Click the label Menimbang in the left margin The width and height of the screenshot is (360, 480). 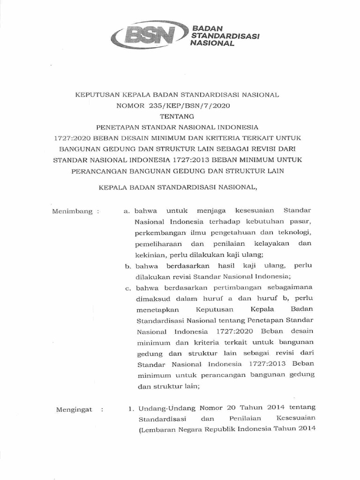pos(72,211)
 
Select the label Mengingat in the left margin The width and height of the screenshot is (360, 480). pos(72,409)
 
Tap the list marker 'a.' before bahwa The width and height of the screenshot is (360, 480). pos(127,211)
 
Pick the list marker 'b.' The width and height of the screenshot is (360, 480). pos(127,266)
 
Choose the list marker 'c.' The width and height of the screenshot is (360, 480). pos(127,287)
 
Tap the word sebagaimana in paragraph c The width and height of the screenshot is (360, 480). pos(290,287)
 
